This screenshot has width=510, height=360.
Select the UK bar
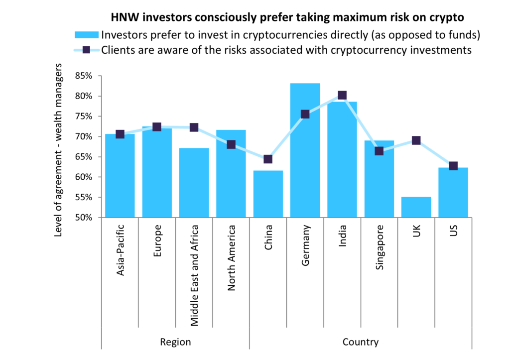[416, 207]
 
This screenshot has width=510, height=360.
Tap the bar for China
[268, 194]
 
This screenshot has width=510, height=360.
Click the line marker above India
[342, 95]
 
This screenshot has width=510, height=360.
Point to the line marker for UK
[416, 140]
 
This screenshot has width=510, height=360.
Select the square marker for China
[268, 159]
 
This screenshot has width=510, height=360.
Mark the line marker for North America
[231, 144]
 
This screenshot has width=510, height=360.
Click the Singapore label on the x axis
[380, 247]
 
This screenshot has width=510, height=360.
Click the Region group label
[175, 342]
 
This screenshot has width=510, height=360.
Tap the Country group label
[361, 342]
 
